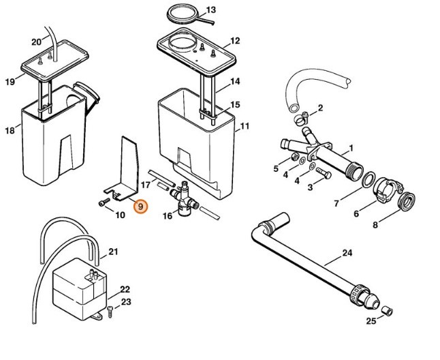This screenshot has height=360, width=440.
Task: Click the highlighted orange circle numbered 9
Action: (x=140, y=207)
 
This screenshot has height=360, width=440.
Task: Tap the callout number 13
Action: (x=210, y=10)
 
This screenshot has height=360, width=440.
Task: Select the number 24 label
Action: (x=347, y=253)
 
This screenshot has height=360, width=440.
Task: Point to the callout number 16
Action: (x=168, y=215)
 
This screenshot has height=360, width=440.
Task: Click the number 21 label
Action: (x=113, y=252)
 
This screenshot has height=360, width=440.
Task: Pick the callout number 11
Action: (x=245, y=126)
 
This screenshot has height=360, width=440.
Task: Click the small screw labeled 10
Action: (x=104, y=202)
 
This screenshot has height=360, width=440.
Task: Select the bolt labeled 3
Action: (x=324, y=172)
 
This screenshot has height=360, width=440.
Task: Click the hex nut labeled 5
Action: (x=294, y=157)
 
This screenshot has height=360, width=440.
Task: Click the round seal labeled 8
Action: (x=407, y=201)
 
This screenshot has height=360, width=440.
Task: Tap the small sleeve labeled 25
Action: (x=388, y=312)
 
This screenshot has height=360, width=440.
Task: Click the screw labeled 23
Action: (x=110, y=312)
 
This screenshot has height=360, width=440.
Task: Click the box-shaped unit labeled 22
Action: (x=80, y=289)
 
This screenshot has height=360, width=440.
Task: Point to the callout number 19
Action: (x=10, y=82)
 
